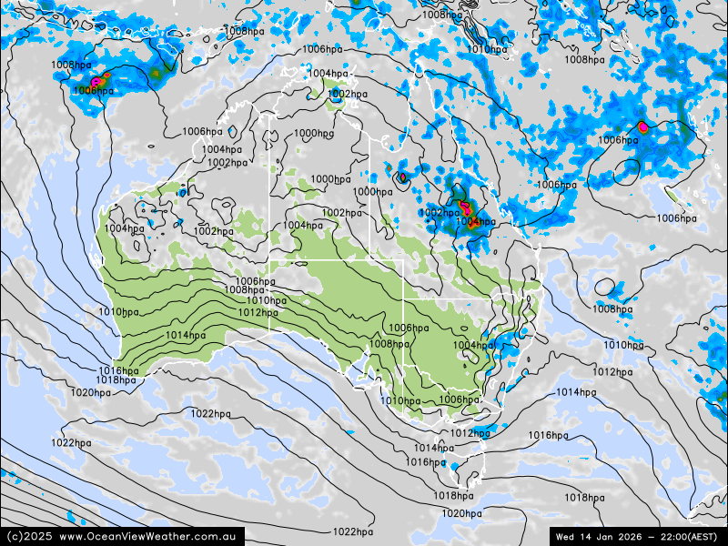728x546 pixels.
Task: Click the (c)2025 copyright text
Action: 28,537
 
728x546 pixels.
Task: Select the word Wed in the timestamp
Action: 566,537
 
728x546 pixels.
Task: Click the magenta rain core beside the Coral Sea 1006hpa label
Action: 642,126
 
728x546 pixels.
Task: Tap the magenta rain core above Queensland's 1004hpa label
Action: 465,208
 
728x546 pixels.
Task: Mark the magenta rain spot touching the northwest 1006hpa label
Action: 96,82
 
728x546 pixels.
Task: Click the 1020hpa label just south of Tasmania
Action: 461,513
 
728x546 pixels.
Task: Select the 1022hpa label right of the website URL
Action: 352,532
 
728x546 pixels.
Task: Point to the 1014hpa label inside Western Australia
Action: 185,335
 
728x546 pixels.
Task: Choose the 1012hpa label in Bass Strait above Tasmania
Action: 470,433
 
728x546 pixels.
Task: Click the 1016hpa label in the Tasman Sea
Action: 548,435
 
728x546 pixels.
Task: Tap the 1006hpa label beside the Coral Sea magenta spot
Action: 617,140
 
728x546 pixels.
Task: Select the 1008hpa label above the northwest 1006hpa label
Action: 71,65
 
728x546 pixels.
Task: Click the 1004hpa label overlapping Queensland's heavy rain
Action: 475,221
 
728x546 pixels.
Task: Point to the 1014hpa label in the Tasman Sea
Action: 575,392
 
